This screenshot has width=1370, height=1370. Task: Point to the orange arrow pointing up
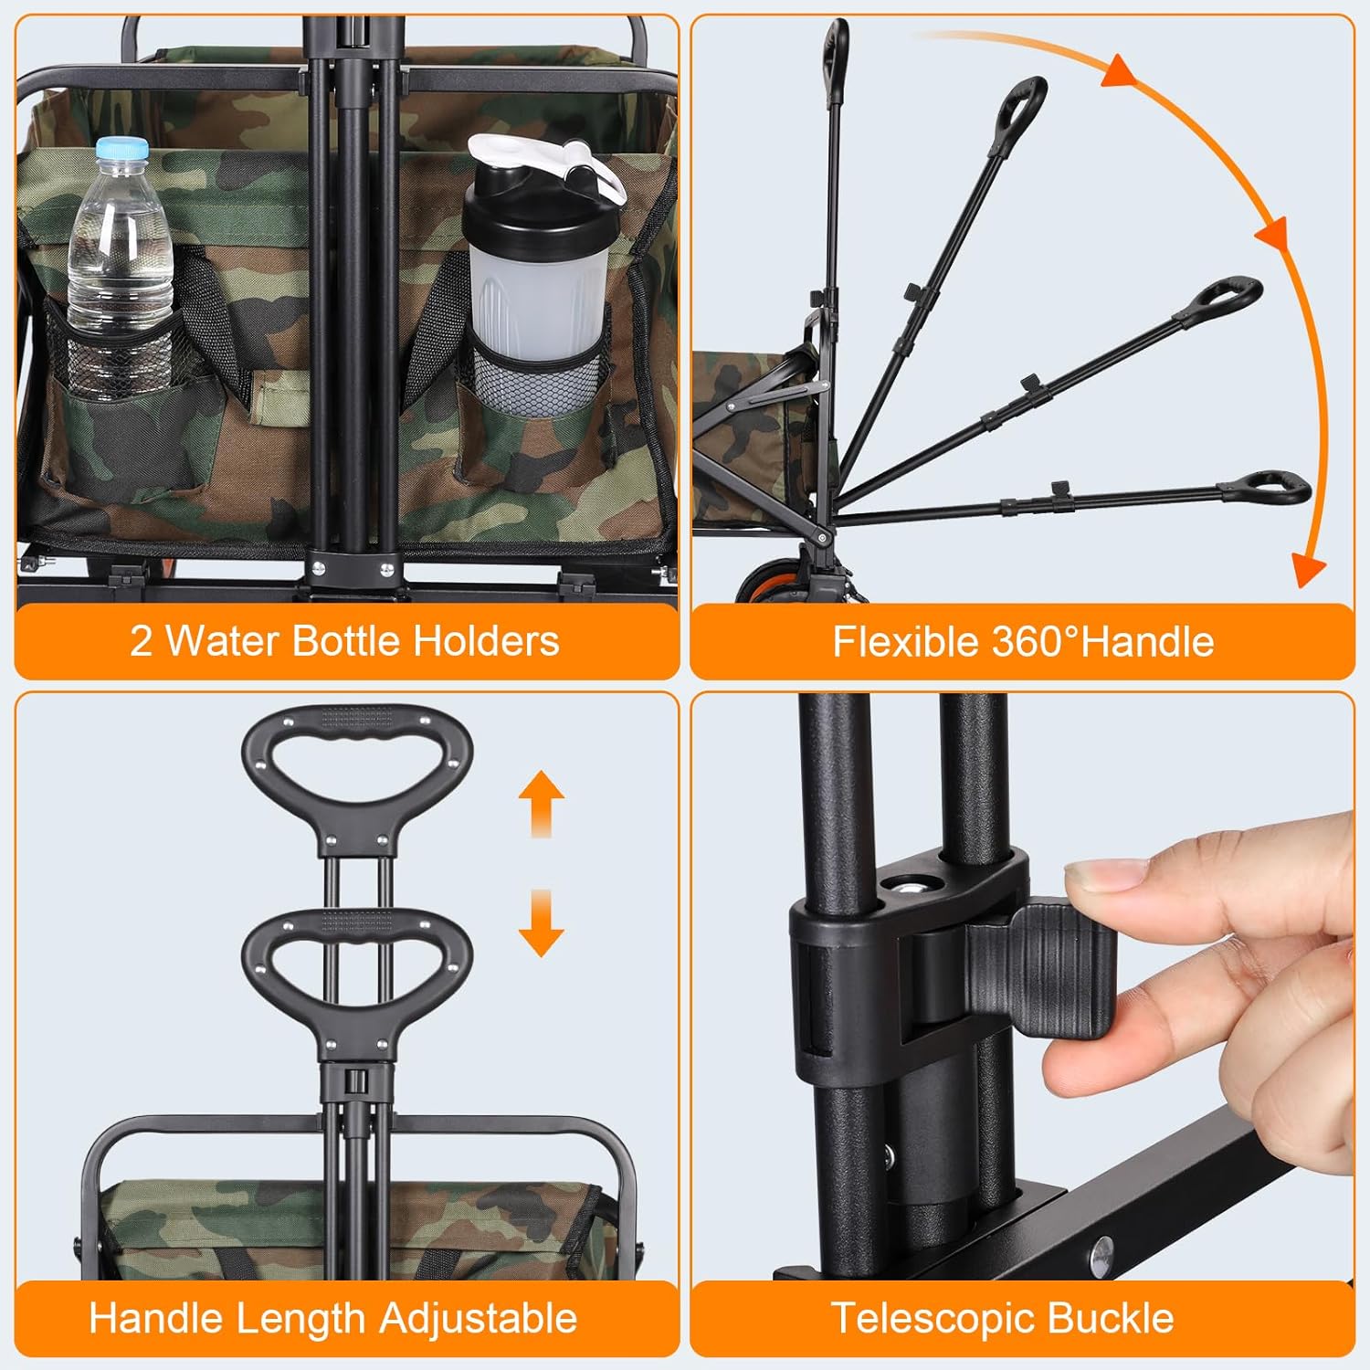[541, 804]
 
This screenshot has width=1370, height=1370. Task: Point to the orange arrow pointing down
[541, 922]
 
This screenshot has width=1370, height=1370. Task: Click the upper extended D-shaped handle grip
[357, 776]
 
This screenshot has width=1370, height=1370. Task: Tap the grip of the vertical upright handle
[836, 60]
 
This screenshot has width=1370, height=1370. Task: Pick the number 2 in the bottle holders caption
[141, 641]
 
